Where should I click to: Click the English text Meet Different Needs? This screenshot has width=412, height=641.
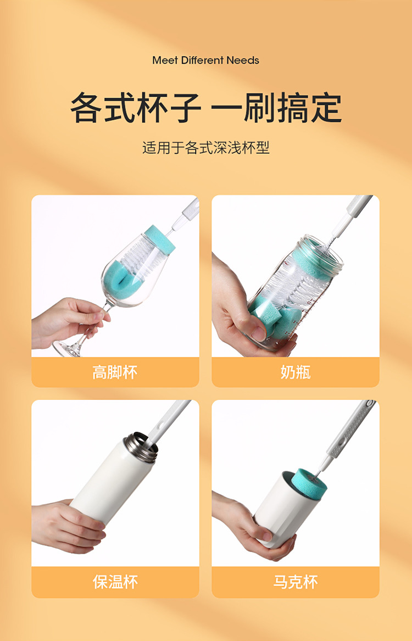coord(205,60)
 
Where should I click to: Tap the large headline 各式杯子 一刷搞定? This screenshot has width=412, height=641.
coord(206,108)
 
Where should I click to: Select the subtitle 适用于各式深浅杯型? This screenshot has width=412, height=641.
coord(206,148)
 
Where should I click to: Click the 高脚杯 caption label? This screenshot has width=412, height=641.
coord(115,372)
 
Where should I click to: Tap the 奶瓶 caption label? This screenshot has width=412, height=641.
coord(296,372)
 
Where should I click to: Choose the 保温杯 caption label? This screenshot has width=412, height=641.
coord(115,582)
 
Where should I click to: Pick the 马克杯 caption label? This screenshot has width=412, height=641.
coord(296,582)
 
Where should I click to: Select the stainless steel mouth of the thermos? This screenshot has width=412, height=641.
coord(140,447)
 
